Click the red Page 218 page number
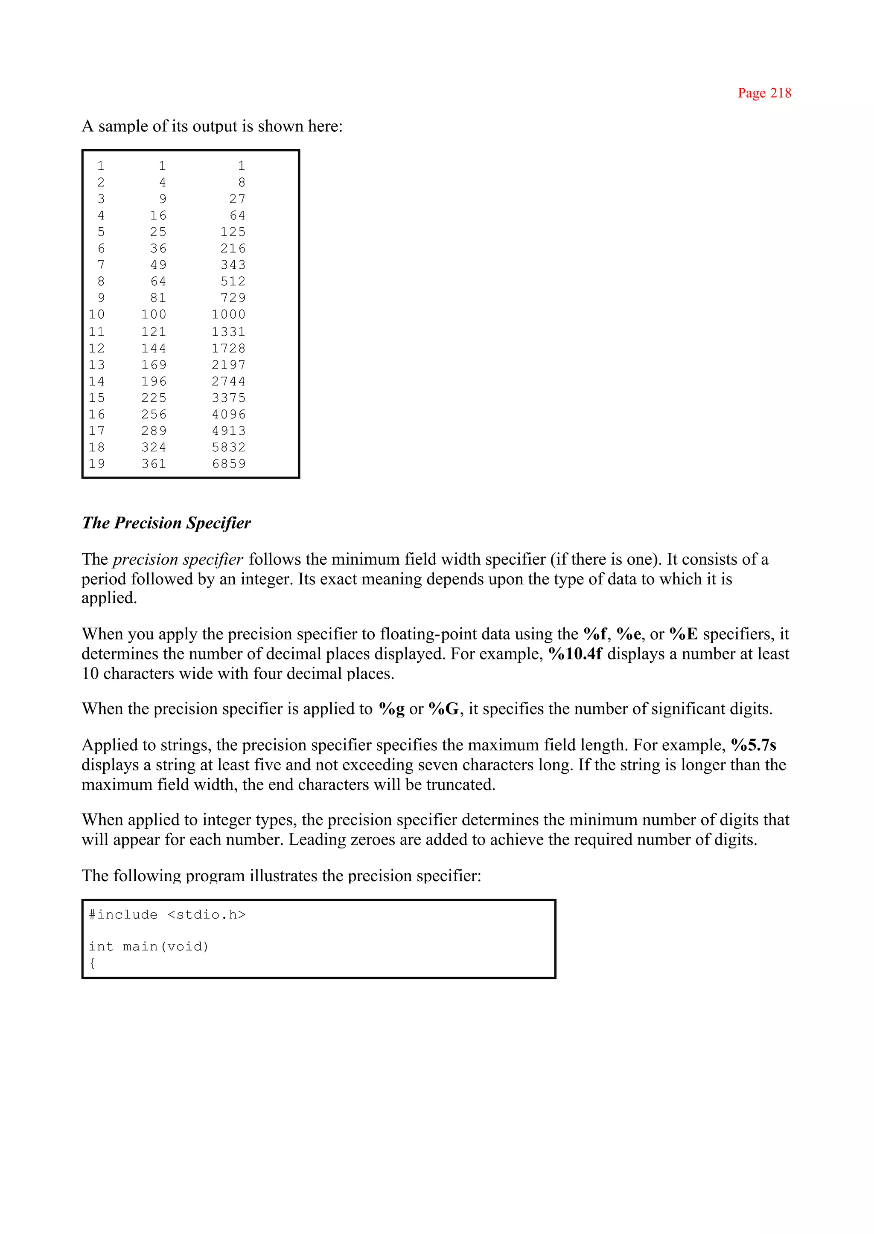coord(764,93)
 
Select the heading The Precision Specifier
coord(166,523)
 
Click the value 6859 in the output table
coord(229,464)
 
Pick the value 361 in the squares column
coord(154,464)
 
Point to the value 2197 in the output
coord(229,365)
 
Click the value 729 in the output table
coord(233,298)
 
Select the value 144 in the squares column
coord(154,348)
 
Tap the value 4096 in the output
coord(229,414)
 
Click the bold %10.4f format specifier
coord(575,654)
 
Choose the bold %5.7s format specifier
coord(754,745)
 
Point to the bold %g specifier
coord(391,709)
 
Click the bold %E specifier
coord(684,634)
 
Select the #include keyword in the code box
coord(123,915)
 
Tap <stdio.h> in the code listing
coord(207,915)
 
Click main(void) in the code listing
coord(165,947)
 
